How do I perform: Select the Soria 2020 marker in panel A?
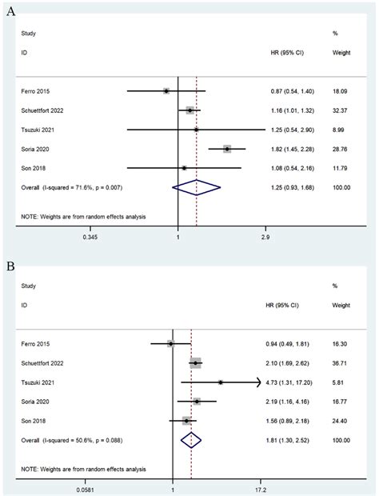(x=227, y=149)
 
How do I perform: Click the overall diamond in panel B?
(x=191, y=440)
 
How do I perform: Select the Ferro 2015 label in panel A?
(x=39, y=90)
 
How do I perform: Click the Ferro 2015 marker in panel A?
(x=166, y=90)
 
